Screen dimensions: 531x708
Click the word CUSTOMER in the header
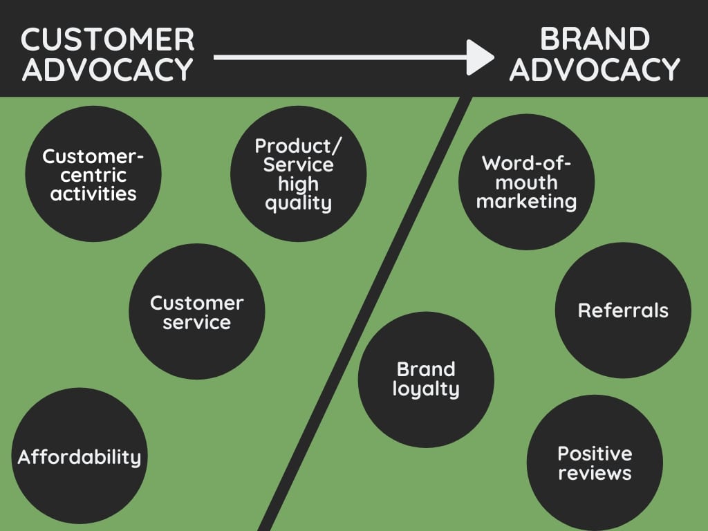point(107,39)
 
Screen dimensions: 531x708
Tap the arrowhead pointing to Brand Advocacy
point(480,57)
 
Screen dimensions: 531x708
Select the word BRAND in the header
point(595,39)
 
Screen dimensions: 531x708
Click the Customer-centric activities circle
point(93,174)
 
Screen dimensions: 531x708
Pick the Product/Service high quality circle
point(299,174)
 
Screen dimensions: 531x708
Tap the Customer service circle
point(197,312)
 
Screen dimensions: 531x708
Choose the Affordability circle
point(80,456)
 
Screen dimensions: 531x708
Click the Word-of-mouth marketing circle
point(527,182)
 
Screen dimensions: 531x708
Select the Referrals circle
point(623,310)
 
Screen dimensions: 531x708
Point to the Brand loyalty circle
point(426,379)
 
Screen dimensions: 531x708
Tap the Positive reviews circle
point(595,463)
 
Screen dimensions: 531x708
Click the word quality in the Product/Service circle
point(299,203)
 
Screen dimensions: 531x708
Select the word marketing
point(527,201)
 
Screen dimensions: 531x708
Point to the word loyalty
point(426,389)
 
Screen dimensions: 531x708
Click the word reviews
point(595,473)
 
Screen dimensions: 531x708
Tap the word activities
point(93,193)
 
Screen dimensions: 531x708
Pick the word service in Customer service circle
point(197,322)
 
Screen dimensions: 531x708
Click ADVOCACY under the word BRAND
point(595,69)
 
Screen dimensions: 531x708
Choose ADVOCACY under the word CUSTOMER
point(107,69)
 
